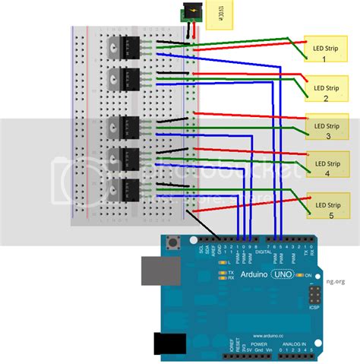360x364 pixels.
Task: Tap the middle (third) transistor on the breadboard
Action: tap(124, 128)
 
